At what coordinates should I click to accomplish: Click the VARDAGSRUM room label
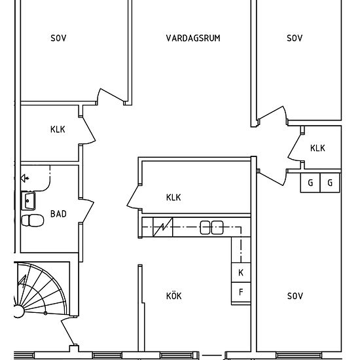click(x=193, y=38)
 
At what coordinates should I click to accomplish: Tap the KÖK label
click(x=174, y=296)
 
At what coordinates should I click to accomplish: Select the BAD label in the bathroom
click(x=58, y=214)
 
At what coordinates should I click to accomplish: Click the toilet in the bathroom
click(x=33, y=221)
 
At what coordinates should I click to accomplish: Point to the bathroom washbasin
click(x=28, y=201)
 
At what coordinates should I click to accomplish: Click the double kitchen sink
click(x=211, y=228)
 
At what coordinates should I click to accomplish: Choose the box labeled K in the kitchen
click(x=241, y=272)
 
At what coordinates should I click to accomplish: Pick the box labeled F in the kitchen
click(x=241, y=293)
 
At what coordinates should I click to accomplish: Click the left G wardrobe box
click(x=310, y=183)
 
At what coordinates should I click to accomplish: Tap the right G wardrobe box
click(x=330, y=183)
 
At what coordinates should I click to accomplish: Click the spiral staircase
click(x=41, y=290)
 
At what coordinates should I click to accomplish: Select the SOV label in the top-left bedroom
click(x=58, y=38)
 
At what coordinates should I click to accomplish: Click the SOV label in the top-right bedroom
click(x=295, y=38)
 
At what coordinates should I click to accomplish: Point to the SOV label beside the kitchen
click(x=295, y=296)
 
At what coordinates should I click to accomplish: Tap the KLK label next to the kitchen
click(x=173, y=198)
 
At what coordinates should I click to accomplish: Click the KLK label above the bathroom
click(x=58, y=130)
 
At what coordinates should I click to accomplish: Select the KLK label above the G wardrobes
click(x=317, y=149)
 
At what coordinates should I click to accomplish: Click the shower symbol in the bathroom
click(x=25, y=178)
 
